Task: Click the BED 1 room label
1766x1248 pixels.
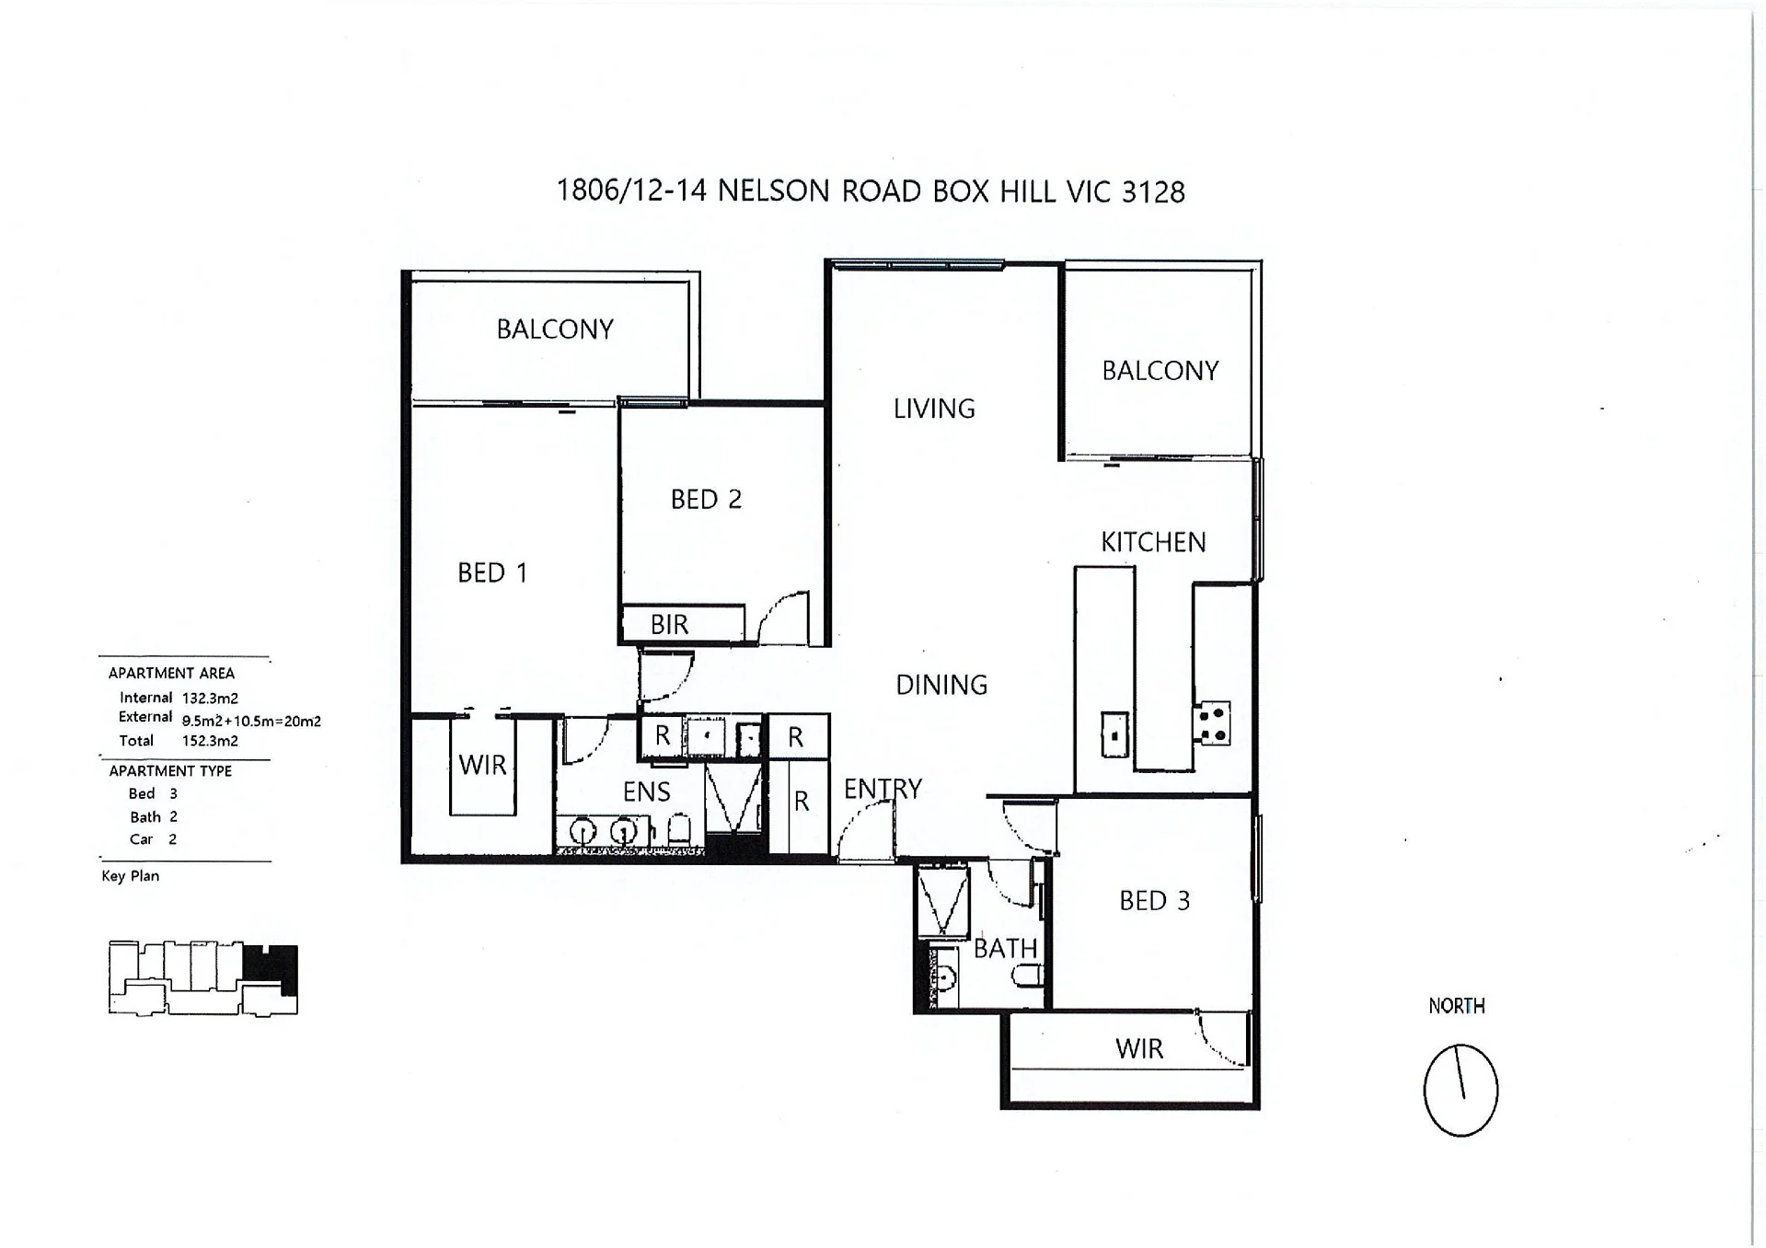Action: (x=492, y=572)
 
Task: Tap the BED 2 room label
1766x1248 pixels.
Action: (x=706, y=499)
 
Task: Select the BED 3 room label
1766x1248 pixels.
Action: (x=1154, y=900)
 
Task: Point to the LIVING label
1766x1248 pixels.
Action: (x=934, y=409)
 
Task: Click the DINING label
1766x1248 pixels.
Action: (x=941, y=685)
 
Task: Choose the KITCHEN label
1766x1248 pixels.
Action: (x=1153, y=542)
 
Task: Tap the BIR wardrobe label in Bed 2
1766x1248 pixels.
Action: (x=669, y=624)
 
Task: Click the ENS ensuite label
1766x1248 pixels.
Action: (x=646, y=792)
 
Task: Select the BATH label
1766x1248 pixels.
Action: (x=1005, y=948)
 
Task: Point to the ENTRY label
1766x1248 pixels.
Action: (x=883, y=789)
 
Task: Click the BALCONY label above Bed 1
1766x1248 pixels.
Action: (x=555, y=329)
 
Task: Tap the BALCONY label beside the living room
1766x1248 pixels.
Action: (x=1160, y=371)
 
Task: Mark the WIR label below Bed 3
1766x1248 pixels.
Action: (x=1139, y=1048)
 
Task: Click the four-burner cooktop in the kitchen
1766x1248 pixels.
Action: (x=1212, y=723)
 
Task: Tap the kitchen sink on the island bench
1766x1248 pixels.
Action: (x=1114, y=734)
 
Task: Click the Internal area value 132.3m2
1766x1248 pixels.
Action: (x=210, y=699)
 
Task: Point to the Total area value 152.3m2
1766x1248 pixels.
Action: (x=210, y=741)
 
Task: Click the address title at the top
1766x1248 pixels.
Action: (x=871, y=191)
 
